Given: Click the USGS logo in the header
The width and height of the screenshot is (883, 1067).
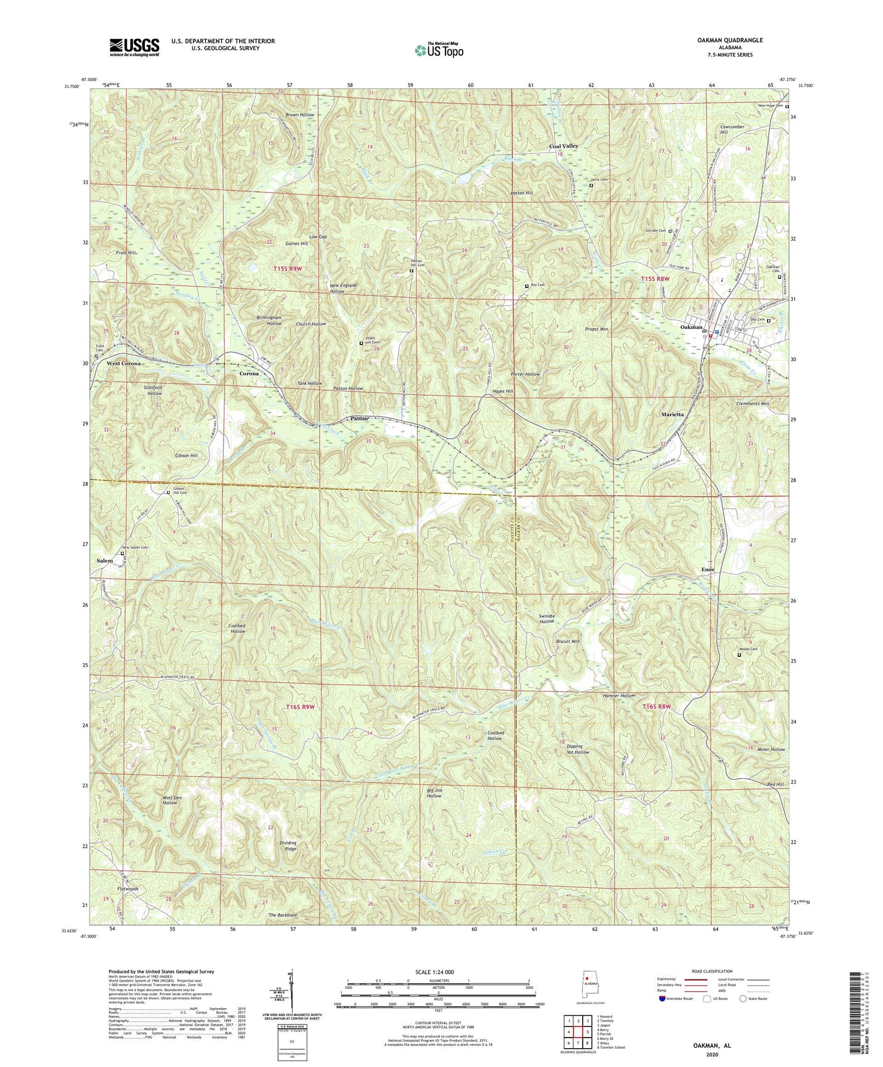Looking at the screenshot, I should pos(134,47).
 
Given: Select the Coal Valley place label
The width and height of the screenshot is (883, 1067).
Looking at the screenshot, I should pos(563,146).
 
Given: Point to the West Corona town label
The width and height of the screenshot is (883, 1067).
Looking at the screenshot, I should pos(124,364).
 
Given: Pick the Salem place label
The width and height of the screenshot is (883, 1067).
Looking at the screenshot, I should pos(105,561).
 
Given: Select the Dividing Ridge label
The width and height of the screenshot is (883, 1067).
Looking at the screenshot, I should pos(288,846).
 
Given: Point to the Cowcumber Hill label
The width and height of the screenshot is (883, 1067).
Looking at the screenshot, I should pos(732,129).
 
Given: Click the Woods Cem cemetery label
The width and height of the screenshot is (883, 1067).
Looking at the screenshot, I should pos(749,650).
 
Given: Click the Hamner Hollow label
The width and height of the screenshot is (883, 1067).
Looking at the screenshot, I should pos(618,696).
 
